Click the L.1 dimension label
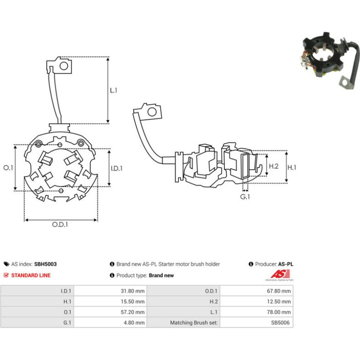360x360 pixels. (x=114, y=90)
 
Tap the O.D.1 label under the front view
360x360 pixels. (x=60, y=224)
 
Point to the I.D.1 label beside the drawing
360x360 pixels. (x=116, y=168)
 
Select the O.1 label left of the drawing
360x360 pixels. (x=8, y=168)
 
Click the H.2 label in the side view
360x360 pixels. (x=274, y=166)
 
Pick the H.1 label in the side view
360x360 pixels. (x=292, y=167)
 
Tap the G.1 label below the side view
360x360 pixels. (x=245, y=197)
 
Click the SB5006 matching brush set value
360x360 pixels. (x=280, y=323)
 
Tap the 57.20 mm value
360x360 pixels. (x=132, y=312)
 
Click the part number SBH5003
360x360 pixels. (x=45, y=264)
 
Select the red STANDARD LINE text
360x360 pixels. (x=31, y=275)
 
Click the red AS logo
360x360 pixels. (x=280, y=274)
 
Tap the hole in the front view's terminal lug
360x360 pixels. (x=64, y=66)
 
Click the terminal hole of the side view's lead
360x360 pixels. (x=152, y=112)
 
